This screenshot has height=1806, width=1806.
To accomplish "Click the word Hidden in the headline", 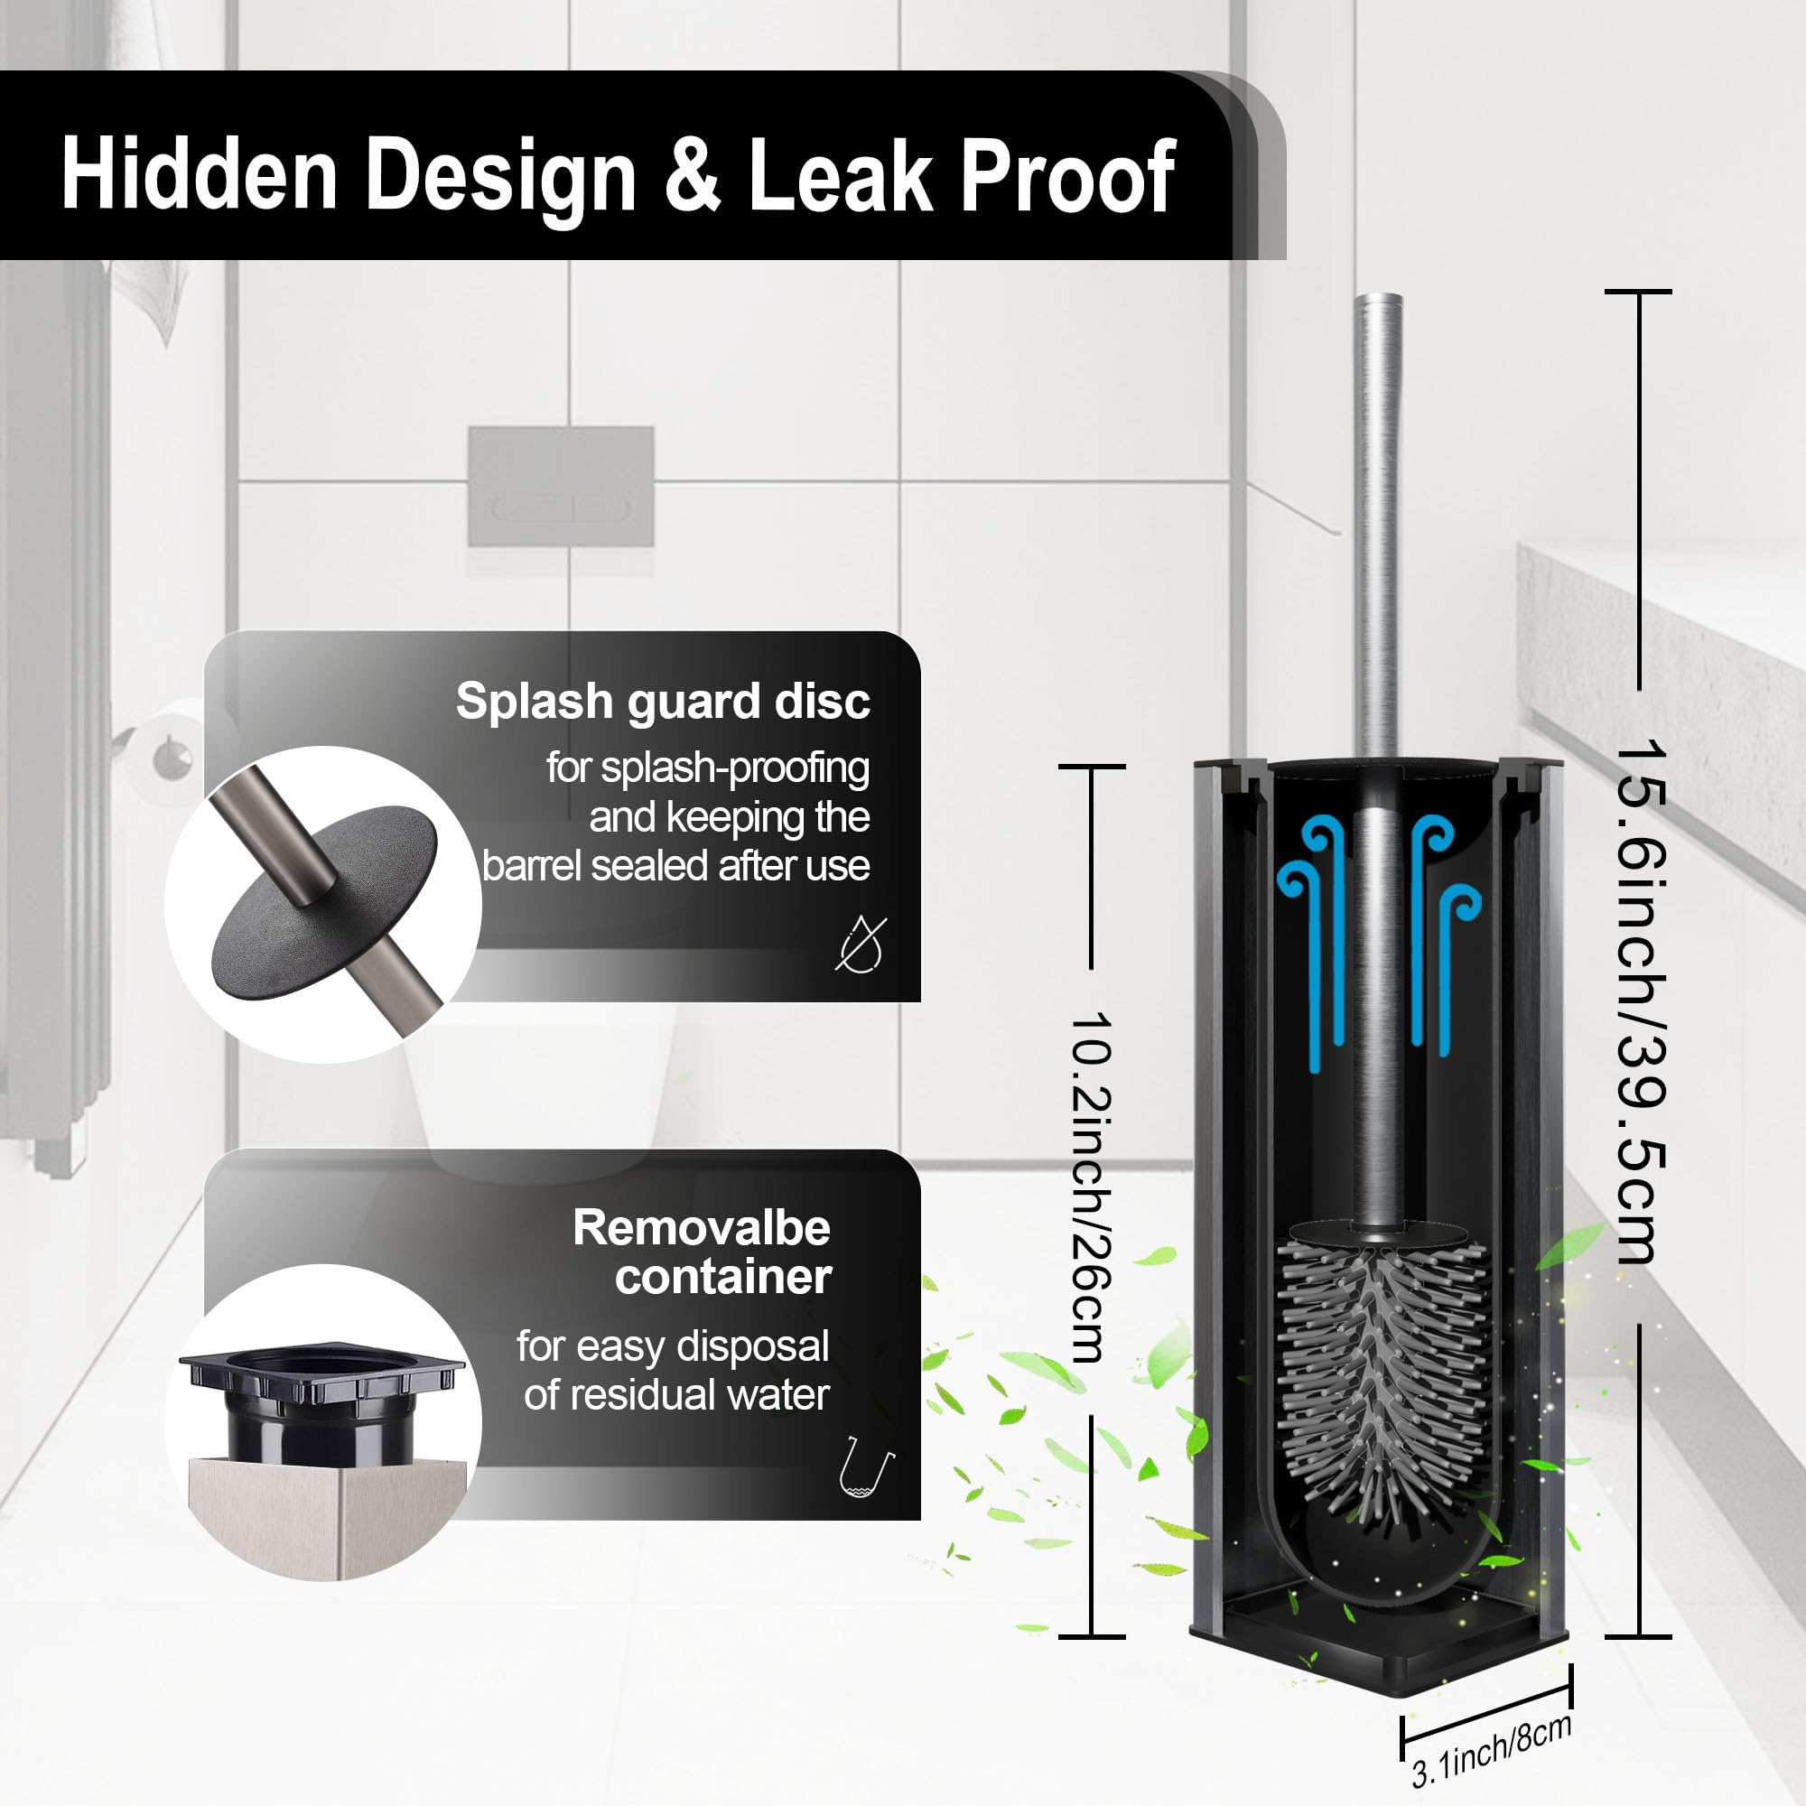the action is click(199, 174).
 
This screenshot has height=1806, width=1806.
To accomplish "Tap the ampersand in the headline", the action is click(692, 174).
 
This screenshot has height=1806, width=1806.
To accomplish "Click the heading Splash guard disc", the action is click(663, 701).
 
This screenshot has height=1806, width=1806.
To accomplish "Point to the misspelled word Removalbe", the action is click(701, 1227).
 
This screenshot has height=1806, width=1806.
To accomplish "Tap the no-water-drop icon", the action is click(860, 944).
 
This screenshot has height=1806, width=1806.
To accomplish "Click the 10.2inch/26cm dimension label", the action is click(1090, 1187).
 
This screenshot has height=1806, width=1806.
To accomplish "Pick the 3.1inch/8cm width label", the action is click(1492, 1750).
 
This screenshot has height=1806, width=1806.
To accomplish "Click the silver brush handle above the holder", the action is click(1378, 524).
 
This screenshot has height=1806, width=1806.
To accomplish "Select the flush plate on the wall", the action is click(561, 486).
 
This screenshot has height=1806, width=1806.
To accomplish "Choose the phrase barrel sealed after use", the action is click(675, 866).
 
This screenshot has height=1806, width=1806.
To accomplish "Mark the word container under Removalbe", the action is click(722, 1277).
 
